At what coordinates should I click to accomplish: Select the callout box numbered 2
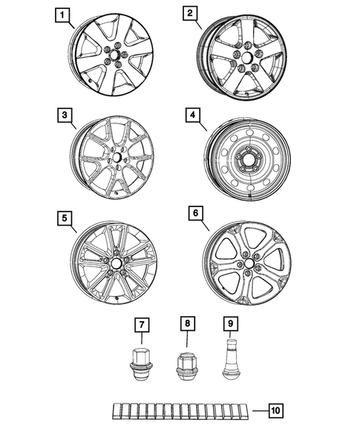pyautogui.click(x=190, y=14)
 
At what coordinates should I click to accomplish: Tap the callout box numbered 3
pyautogui.click(x=65, y=116)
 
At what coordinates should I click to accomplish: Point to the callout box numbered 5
pyautogui.click(x=65, y=218)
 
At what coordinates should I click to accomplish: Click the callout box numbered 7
pyautogui.click(x=139, y=324)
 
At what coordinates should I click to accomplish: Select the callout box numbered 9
pyautogui.click(x=229, y=324)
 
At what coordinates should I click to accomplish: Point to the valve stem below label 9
pyautogui.click(x=229, y=358)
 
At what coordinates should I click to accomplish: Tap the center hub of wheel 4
pyautogui.click(x=245, y=162)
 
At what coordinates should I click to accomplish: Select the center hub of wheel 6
pyautogui.click(x=246, y=264)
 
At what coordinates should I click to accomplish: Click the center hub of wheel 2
pyautogui.click(x=245, y=58)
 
